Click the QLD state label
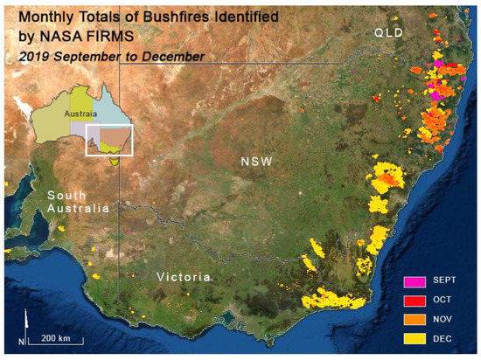[387, 33]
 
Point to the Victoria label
[184, 277]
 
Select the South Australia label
[79, 202]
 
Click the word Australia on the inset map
[80, 113]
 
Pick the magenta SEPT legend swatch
[415, 281]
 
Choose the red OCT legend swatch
[415, 300]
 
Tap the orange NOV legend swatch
[415, 318]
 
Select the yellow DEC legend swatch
[415, 336]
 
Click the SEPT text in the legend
[448, 281]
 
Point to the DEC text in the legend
[446, 336]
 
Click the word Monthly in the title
[47, 16]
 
